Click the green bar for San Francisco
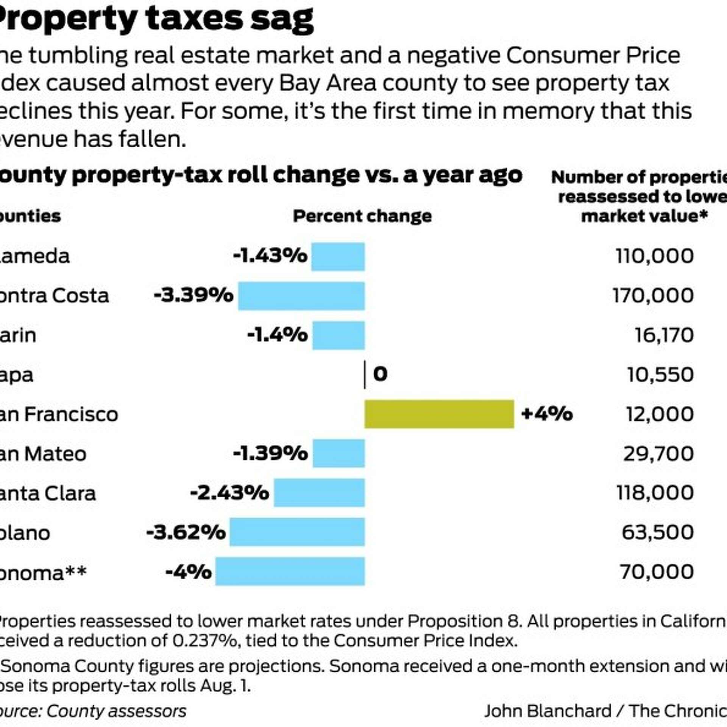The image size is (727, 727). click(439, 414)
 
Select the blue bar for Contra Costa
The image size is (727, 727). click(301, 296)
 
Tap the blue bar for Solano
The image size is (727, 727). click(297, 532)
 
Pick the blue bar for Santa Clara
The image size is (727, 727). click(319, 493)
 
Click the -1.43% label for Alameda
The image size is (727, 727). click(270, 256)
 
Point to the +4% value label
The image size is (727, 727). click(546, 413)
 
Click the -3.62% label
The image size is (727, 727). click(186, 532)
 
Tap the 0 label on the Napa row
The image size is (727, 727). click(380, 374)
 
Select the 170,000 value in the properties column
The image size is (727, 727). click(653, 295)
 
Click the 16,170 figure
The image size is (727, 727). click(664, 335)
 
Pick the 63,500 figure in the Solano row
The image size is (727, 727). click(658, 532)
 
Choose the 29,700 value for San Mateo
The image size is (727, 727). click(658, 453)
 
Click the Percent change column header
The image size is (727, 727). click(362, 216)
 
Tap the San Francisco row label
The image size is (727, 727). click(59, 414)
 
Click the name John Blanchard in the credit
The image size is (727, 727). click(548, 711)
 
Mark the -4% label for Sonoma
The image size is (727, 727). click(189, 572)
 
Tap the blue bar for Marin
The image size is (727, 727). click(339, 335)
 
